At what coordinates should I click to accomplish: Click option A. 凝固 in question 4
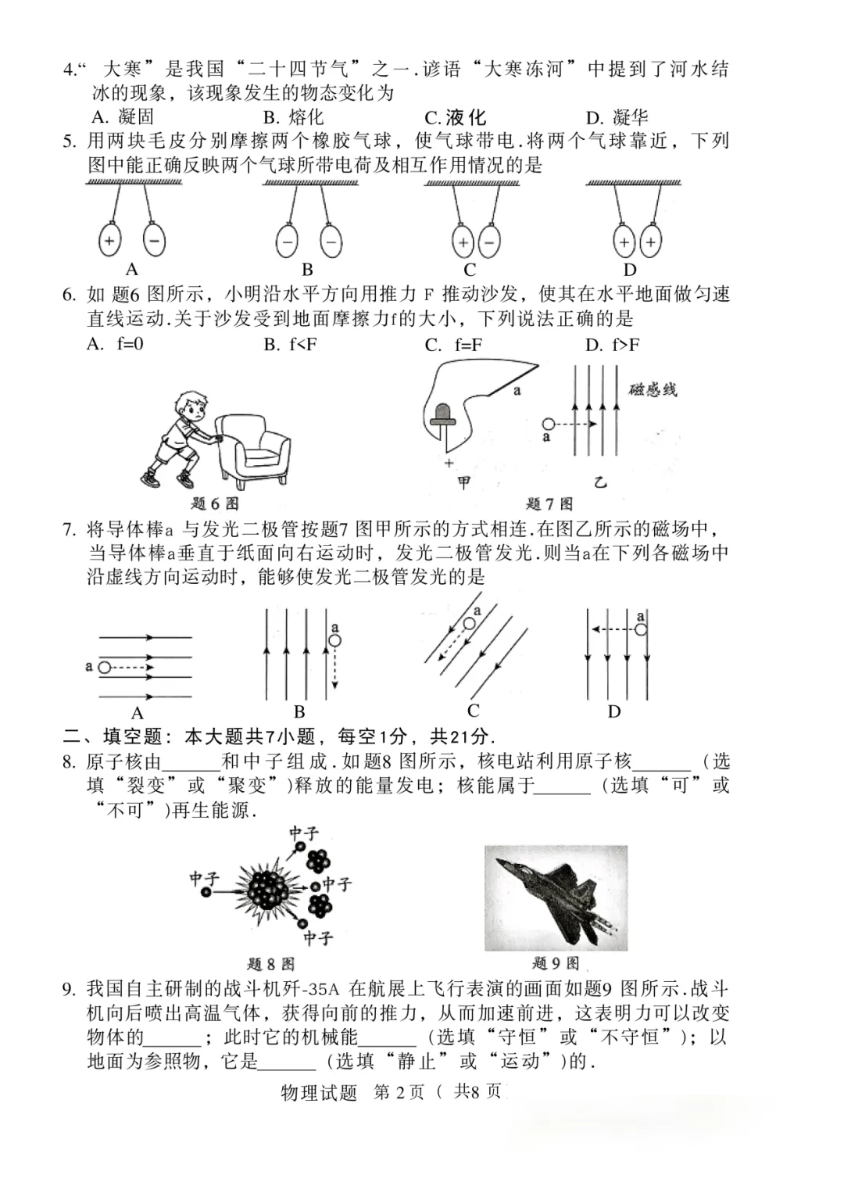[123, 117]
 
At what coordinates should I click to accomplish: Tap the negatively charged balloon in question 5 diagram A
[154, 241]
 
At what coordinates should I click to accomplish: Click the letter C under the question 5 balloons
[470, 270]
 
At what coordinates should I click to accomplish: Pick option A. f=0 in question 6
[116, 344]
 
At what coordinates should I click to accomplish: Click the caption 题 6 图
[214, 503]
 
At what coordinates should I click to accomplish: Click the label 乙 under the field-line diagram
[600, 482]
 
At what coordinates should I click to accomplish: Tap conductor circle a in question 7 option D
[641, 629]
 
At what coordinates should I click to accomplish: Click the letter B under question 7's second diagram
[299, 712]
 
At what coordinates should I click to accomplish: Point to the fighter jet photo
[556, 897]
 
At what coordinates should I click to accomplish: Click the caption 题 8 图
[270, 963]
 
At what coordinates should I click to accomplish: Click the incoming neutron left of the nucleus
[206, 892]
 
